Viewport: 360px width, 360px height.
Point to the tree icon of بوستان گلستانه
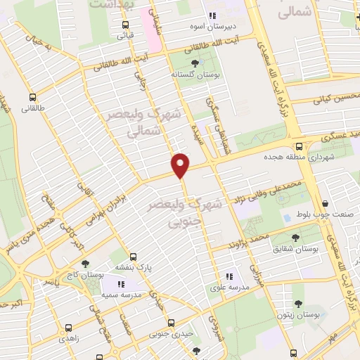[x=195, y=63]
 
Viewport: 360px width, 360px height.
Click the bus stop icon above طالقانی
[x=32, y=98]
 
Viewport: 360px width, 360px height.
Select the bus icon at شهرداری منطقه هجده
[x=300, y=146]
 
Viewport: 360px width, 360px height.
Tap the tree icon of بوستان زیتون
[x=297, y=304]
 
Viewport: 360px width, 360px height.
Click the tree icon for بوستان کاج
[x=85, y=264]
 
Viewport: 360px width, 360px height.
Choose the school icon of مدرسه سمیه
[x=120, y=283]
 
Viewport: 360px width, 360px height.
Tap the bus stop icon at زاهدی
[x=68, y=328]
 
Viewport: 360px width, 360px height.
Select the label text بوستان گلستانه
[x=195, y=74]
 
